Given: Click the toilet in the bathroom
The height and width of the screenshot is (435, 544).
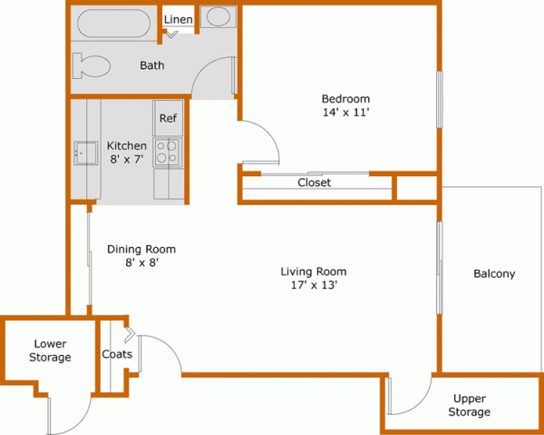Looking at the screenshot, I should [93, 66].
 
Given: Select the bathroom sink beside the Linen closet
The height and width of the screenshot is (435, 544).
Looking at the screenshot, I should [217, 17].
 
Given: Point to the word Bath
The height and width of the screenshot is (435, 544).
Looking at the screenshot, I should [151, 65].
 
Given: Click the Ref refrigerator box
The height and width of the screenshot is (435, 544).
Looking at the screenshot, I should [168, 118].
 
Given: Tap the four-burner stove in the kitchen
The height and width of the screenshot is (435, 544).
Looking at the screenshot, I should [168, 151].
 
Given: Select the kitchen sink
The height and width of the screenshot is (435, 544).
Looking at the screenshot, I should [86, 153].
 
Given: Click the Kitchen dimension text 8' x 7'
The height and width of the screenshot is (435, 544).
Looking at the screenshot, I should [127, 160].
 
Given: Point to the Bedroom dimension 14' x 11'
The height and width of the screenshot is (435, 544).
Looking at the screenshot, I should [345, 113].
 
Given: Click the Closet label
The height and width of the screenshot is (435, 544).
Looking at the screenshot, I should [314, 183].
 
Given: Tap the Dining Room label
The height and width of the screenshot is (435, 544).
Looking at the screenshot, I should [141, 249].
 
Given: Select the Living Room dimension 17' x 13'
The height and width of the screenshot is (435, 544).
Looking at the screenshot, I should [314, 285].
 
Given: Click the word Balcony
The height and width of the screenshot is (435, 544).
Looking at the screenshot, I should [494, 273].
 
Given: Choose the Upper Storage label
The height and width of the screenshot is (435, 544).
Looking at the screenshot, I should [471, 405].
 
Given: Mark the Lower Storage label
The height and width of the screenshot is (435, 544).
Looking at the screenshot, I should [50, 351].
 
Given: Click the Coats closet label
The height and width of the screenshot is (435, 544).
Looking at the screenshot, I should [117, 354].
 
